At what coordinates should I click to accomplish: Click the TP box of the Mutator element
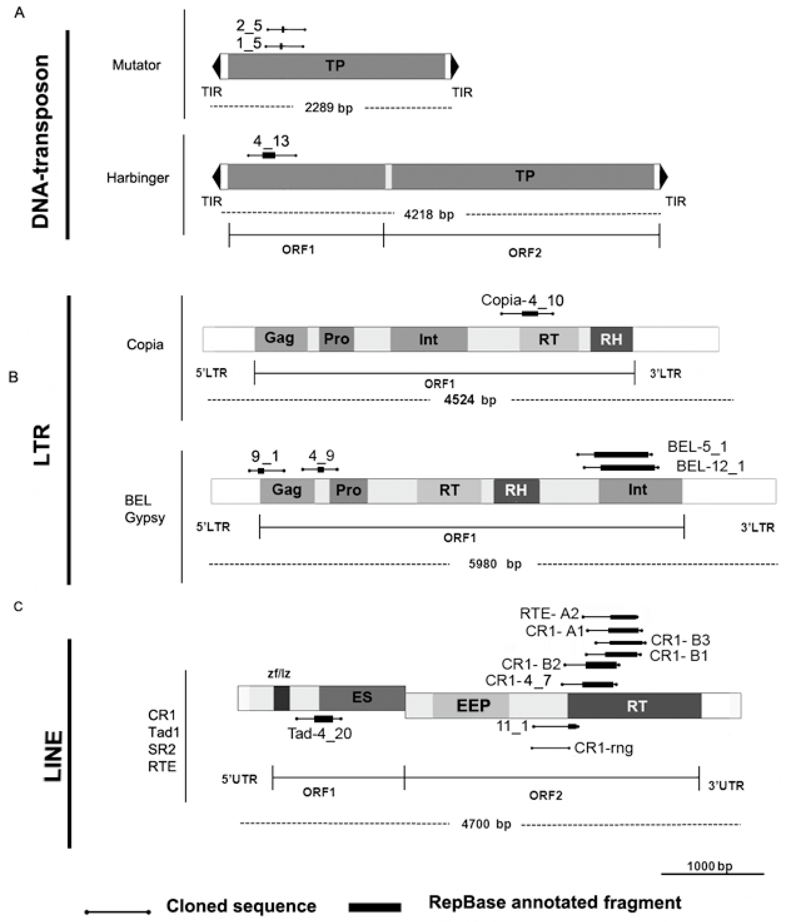[x=336, y=66]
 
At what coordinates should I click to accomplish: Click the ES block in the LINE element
[x=362, y=697]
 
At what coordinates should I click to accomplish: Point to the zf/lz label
[x=279, y=674]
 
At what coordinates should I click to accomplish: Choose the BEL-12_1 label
[x=710, y=466]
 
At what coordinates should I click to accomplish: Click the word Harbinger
[x=138, y=178]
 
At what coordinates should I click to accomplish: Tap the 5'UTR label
[x=239, y=780]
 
